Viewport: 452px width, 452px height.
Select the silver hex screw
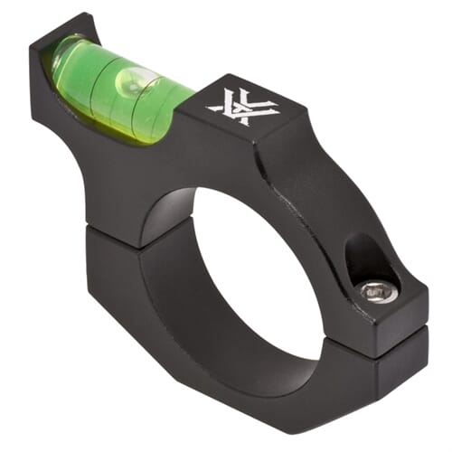[x=376, y=291]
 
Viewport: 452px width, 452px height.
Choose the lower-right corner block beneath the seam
[x=398, y=362]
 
